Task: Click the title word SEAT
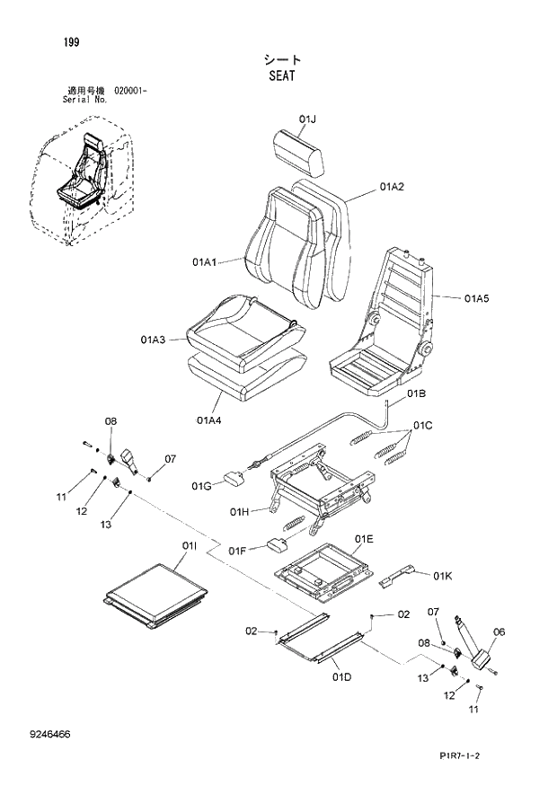[281, 76]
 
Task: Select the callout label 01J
[308, 119]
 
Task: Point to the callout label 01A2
[391, 187]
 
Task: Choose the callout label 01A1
[205, 262]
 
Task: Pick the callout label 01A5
[477, 296]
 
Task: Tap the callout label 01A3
[154, 340]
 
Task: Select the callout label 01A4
[209, 419]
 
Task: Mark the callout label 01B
[416, 393]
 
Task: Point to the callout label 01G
[201, 486]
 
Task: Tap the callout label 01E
[364, 539]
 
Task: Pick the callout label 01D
[341, 676]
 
